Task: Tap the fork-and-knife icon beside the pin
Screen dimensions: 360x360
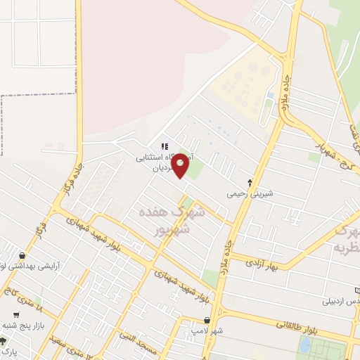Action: click(x=165, y=146)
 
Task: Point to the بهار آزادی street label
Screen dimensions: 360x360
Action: click(x=262, y=265)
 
